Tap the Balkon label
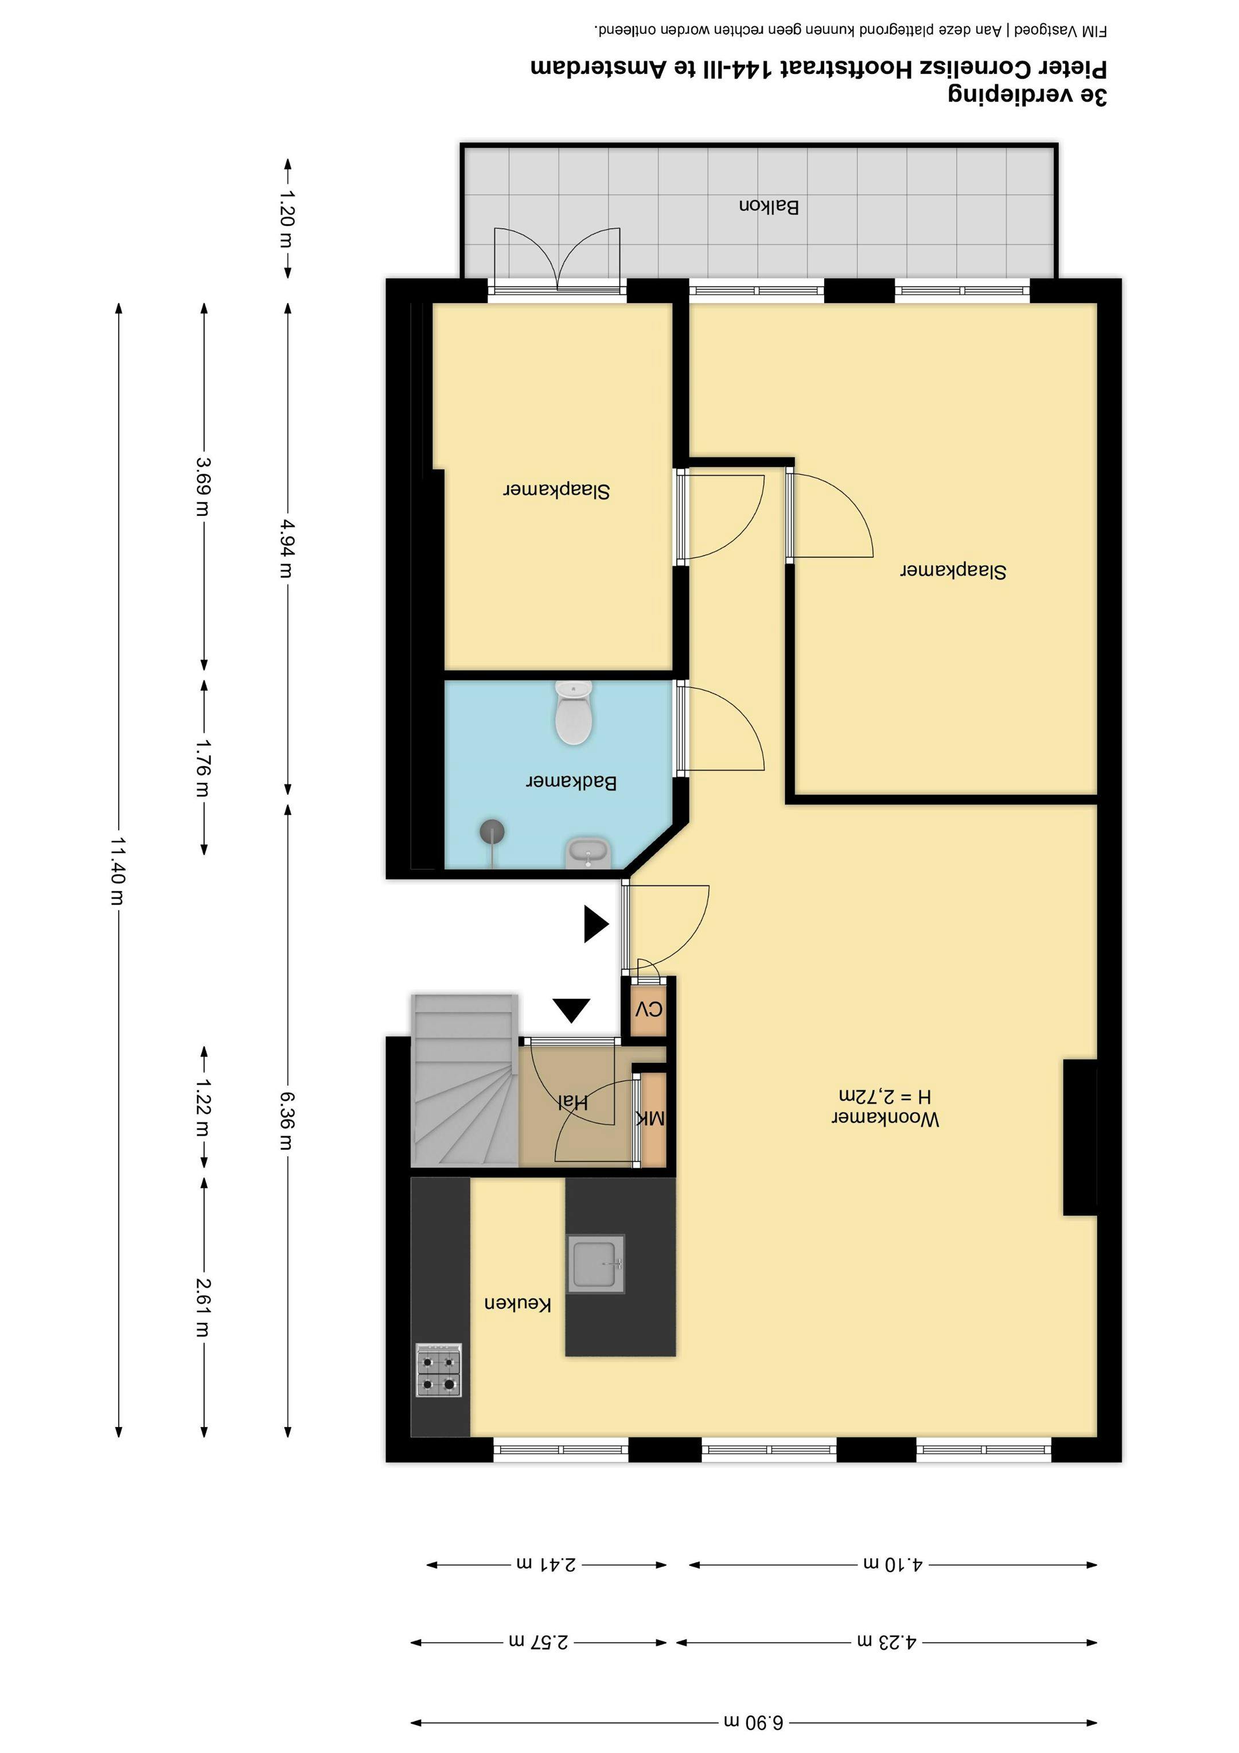(x=769, y=206)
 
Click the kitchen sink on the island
(x=595, y=1264)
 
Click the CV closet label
(x=649, y=1009)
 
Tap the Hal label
(x=572, y=1102)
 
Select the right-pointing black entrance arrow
(x=595, y=924)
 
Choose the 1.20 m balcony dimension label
(x=287, y=219)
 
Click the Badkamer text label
(x=572, y=782)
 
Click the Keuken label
(x=517, y=1303)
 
